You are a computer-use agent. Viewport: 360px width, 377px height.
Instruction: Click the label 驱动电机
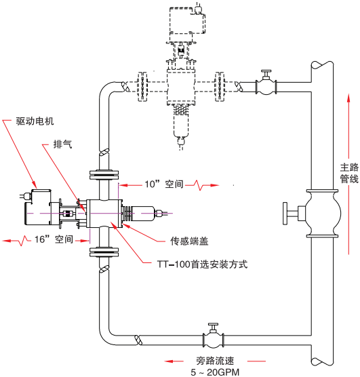(35, 121)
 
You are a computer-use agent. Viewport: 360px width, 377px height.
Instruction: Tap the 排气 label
(62, 144)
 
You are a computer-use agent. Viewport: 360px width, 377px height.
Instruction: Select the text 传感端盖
(189, 241)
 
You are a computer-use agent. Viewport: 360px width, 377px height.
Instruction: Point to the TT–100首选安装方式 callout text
(202, 264)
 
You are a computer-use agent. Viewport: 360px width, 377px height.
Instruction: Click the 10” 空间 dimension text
(164, 184)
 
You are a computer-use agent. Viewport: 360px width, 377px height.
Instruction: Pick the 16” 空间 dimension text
(54, 239)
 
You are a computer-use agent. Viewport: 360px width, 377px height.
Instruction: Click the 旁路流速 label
(215, 361)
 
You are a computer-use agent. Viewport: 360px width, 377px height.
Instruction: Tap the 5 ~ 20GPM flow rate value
(215, 372)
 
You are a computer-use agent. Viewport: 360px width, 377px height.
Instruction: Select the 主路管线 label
(349, 173)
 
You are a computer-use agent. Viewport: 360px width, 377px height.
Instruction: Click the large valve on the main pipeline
(322, 214)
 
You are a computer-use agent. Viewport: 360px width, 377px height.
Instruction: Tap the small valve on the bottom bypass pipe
(214, 336)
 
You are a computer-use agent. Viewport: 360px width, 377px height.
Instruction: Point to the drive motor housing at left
(38, 207)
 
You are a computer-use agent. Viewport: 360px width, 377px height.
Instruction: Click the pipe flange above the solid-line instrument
(104, 175)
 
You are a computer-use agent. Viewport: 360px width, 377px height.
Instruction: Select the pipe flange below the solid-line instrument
(104, 252)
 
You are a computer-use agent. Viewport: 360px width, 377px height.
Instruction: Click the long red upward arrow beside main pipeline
(348, 174)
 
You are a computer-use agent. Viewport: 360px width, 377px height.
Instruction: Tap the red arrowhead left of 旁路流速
(169, 361)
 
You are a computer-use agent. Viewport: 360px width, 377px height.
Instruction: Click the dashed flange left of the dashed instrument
(142, 87)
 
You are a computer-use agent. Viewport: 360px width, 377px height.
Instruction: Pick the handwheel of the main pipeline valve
(285, 214)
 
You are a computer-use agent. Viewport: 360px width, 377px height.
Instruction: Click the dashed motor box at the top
(187, 20)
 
